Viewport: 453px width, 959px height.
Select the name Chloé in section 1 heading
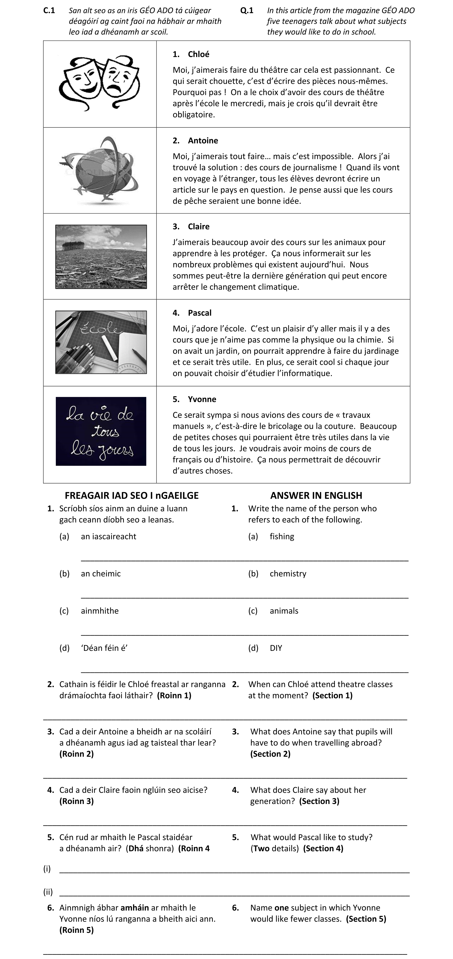point(198,54)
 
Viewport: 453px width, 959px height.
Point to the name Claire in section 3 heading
point(199,227)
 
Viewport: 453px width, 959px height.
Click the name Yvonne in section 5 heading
point(202,399)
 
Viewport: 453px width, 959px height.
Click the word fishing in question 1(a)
point(282,536)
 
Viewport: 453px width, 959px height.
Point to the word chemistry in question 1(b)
point(288,574)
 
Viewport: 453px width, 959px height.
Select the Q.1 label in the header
point(247,10)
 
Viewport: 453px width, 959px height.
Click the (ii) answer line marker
point(48,892)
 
